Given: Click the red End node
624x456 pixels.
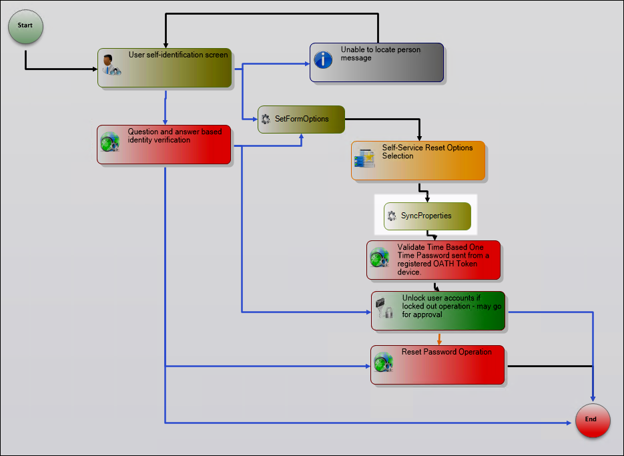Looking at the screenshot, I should pos(593,421).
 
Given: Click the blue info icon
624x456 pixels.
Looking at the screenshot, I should pos(324,60).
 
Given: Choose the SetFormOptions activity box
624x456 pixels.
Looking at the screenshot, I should pos(301,120).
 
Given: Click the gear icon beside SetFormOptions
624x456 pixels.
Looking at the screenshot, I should pos(266,120).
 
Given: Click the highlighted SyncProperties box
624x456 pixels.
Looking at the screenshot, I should pos(427,216).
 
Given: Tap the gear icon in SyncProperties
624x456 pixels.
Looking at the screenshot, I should pos(392,216).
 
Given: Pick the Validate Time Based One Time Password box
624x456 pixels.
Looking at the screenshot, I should pos(433,260).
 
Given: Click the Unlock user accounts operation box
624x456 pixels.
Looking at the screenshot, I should pos(438,310).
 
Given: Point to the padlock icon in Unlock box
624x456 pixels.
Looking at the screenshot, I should pos(384,308).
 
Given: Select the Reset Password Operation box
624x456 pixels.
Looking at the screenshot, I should pos(437,365).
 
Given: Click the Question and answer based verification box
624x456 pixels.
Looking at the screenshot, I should pos(164,145).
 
